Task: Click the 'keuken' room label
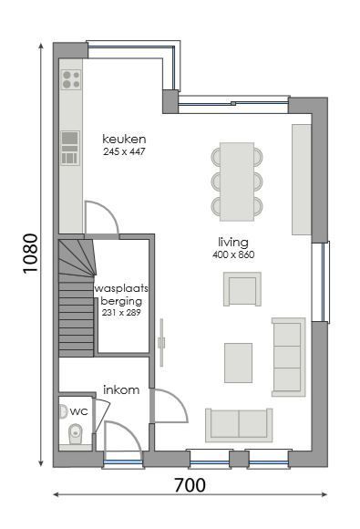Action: (x=125, y=139)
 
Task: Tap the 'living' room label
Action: (x=233, y=242)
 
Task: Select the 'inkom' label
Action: (x=120, y=389)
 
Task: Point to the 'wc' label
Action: (x=78, y=411)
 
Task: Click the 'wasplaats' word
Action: (x=121, y=288)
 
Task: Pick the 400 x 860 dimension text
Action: (x=233, y=254)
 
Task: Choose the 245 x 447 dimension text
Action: (x=125, y=151)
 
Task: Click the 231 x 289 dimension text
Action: (x=121, y=312)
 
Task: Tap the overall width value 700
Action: (x=189, y=485)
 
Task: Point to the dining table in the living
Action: (x=237, y=181)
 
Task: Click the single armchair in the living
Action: (x=242, y=289)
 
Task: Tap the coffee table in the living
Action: (x=239, y=362)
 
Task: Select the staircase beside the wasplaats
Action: (x=77, y=296)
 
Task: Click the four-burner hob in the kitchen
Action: (x=69, y=81)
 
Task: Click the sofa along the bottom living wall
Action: (x=238, y=424)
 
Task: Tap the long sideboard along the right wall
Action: (x=301, y=179)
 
